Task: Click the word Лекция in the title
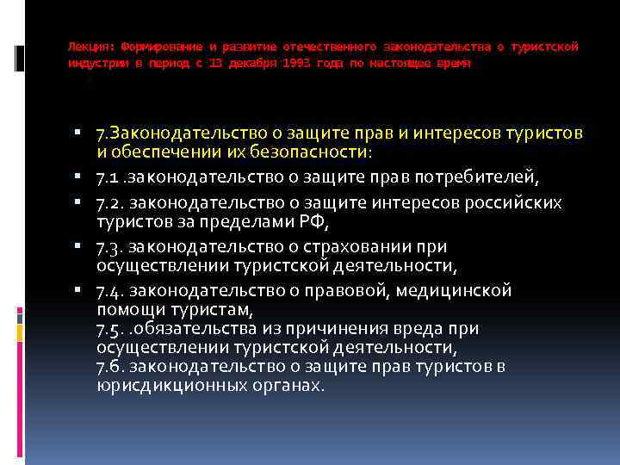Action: point(88,46)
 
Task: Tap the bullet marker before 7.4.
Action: point(78,290)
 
